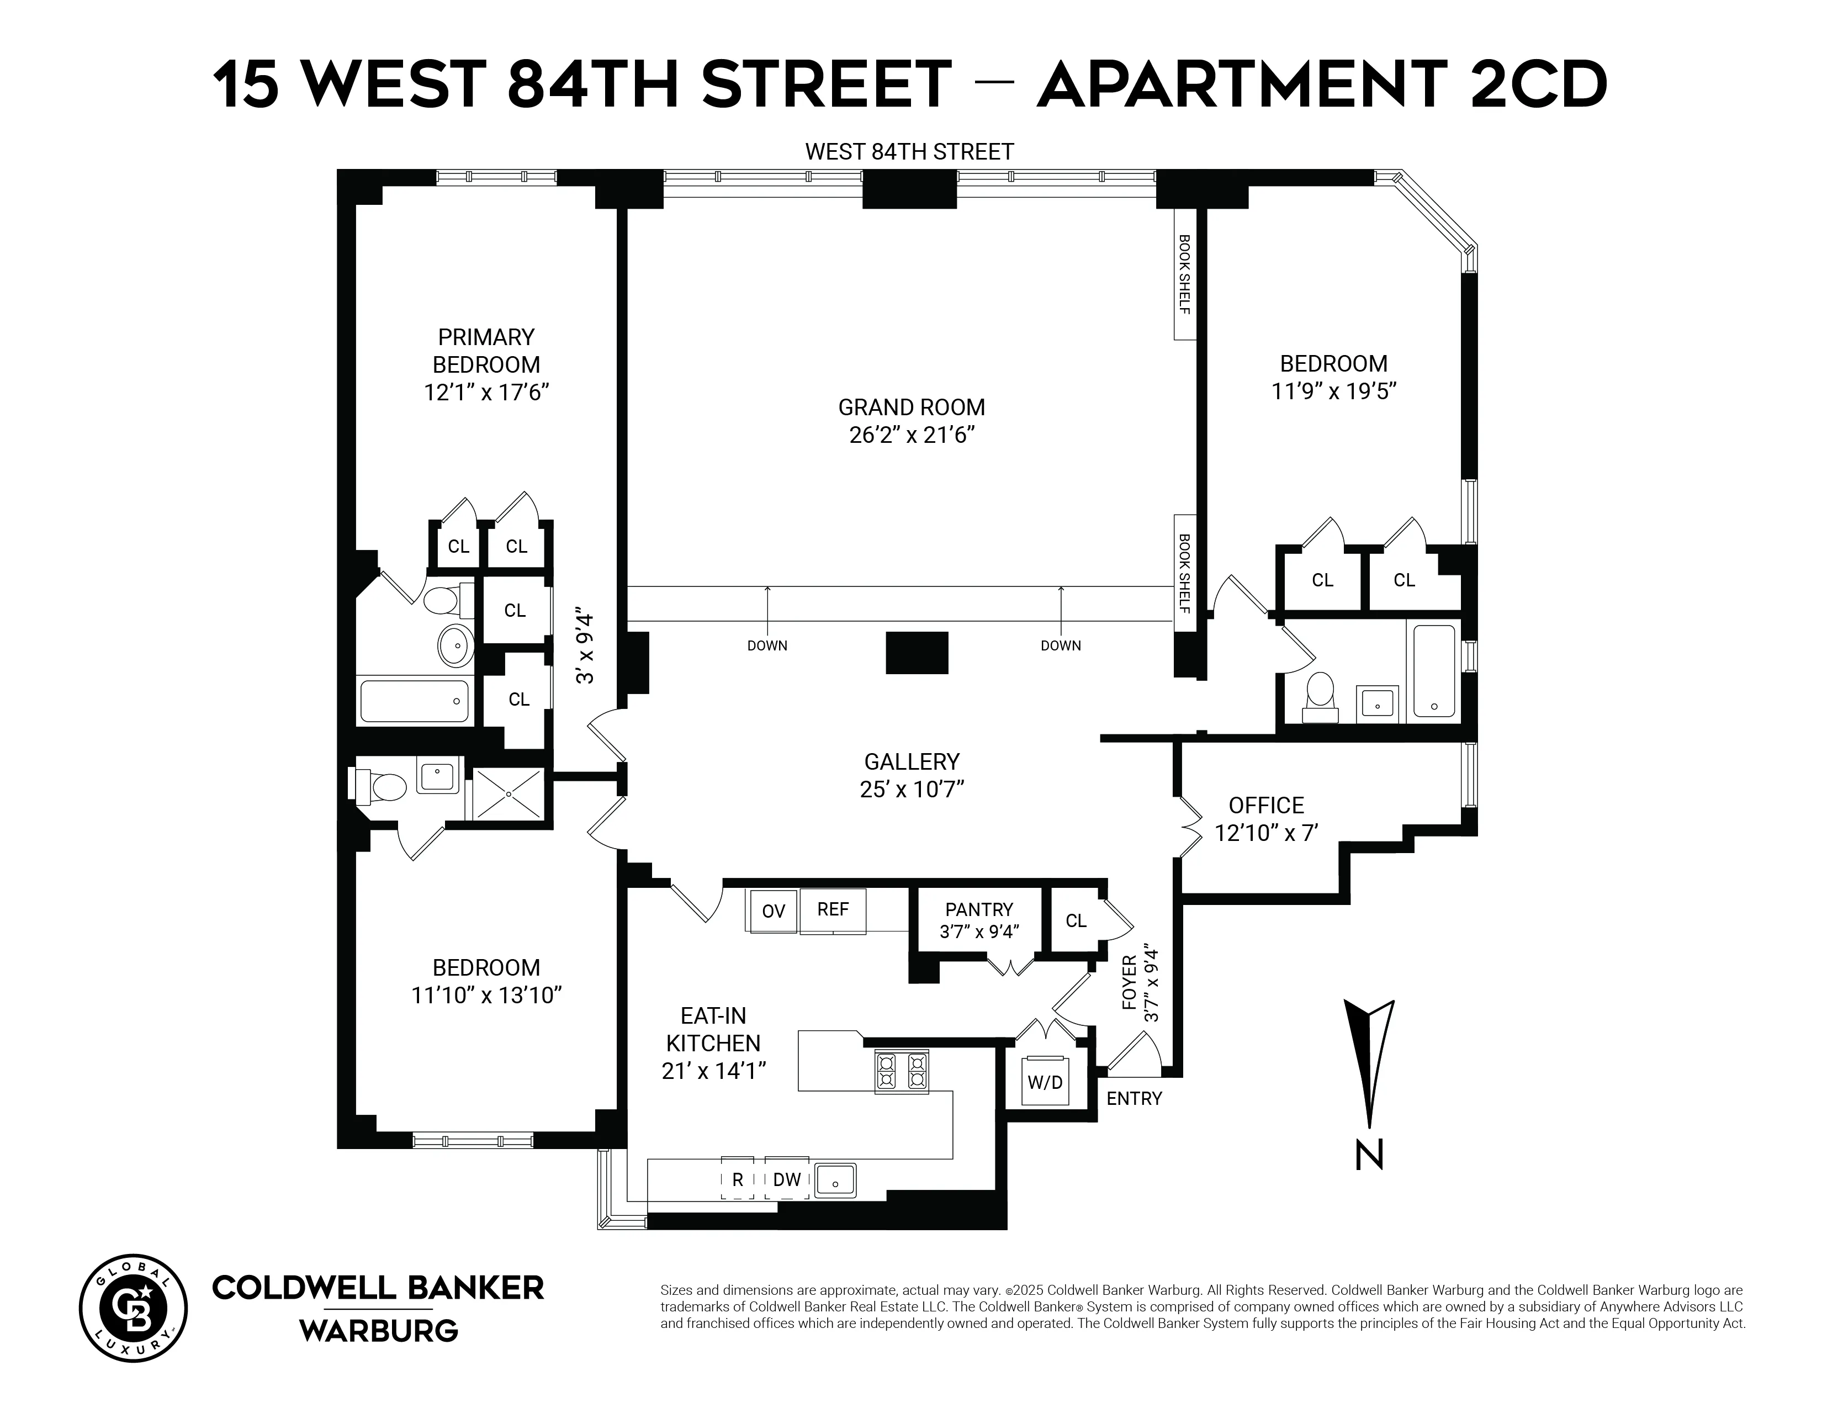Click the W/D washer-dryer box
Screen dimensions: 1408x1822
point(1045,1082)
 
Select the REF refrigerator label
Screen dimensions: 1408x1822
point(833,909)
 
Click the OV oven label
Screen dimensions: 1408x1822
point(774,911)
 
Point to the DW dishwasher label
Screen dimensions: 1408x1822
point(787,1179)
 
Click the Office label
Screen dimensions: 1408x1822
point(1265,805)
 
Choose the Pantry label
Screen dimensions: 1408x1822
point(978,909)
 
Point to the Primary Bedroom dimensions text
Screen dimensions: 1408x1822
point(486,392)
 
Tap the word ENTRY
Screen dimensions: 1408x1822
point(1134,1099)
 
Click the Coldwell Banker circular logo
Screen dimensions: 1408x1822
point(134,1308)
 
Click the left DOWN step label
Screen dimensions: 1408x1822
point(767,645)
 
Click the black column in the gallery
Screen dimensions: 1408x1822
point(917,652)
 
